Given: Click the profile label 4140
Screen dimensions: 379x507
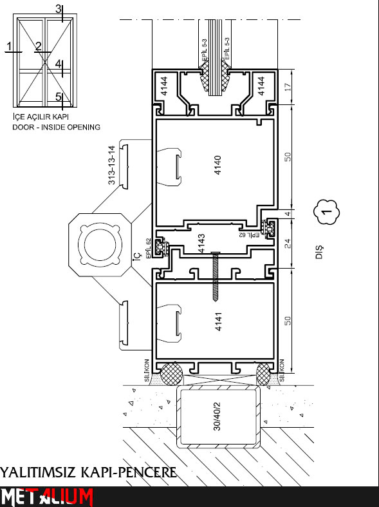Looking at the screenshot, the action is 218,165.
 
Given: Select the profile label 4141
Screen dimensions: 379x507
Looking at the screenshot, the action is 219,321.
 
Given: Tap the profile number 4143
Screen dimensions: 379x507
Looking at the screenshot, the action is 201,244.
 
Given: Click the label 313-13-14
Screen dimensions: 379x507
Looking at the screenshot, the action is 112,165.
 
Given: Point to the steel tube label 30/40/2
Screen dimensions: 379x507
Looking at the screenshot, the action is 217,416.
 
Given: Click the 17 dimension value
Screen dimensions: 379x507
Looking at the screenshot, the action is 288,87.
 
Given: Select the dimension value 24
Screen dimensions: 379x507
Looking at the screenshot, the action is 288,244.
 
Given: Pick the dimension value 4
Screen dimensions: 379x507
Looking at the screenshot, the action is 288,214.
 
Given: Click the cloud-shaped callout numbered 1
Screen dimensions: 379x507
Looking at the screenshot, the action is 326,212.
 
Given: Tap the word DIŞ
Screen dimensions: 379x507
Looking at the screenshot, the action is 319,252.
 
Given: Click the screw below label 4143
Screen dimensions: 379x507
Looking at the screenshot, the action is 216,276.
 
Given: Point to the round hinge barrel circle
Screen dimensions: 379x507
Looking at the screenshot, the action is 100,245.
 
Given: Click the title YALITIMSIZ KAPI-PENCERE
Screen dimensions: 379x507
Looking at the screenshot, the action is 88,472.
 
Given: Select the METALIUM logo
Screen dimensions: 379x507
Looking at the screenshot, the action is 47,497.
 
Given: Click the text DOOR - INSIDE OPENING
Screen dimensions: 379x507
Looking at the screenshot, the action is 56,127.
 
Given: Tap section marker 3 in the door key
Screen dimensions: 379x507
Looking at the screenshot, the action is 58,9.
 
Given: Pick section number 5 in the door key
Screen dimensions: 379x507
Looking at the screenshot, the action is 58,97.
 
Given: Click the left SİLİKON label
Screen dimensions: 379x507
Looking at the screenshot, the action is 147,370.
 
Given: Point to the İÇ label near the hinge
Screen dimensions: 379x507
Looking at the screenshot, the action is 138,255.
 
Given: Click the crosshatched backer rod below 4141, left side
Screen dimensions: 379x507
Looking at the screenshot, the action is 171,374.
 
